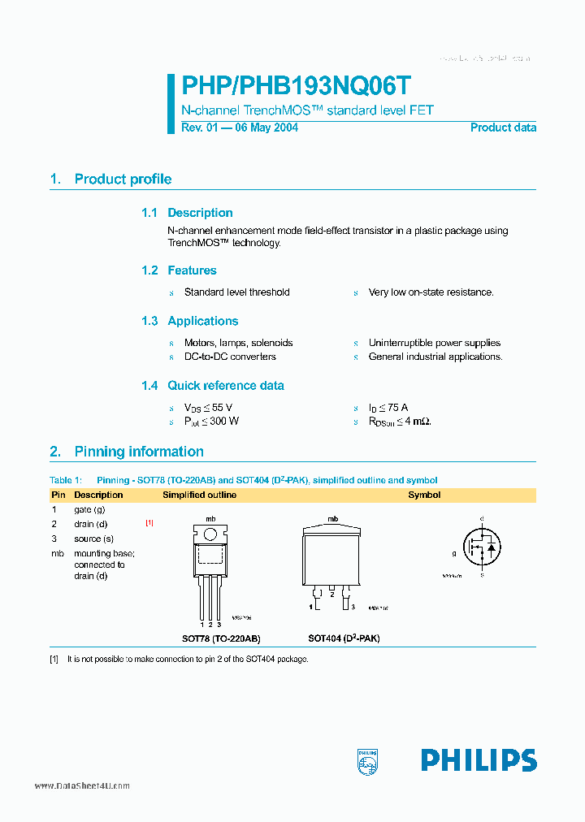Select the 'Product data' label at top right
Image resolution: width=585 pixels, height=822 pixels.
pyautogui.click(x=503, y=128)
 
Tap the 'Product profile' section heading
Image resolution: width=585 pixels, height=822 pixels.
pyautogui.click(x=123, y=180)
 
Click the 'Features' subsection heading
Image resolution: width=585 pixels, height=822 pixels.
pyautogui.click(x=192, y=270)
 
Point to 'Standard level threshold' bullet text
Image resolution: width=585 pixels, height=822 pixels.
pyautogui.click(x=236, y=292)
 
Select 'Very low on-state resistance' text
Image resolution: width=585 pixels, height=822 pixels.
pyautogui.click(x=431, y=292)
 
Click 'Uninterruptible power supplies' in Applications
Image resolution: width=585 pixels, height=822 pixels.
pyautogui.click(x=434, y=343)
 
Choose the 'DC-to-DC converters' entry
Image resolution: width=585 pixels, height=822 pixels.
pyautogui.click(x=230, y=357)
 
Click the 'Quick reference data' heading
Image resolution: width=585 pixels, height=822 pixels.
pyautogui.click(x=225, y=386)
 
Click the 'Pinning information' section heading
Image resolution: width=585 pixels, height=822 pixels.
pyautogui.click(x=139, y=452)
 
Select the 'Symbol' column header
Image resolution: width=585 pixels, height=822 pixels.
pyautogui.click(x=424, y=495)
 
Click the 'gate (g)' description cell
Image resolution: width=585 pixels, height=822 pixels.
pyautogui.click(x=89, y=509)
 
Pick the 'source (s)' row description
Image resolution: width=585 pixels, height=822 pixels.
pyautogui.click(x=93, y=539)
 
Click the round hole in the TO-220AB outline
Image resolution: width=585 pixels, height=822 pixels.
pyautogui.click(x=210, y=534)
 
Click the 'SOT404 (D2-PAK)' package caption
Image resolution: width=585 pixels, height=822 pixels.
pyautogui.click(x=343, y=638)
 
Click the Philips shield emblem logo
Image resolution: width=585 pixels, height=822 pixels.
pyautogui.click(x=368, y=761)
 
